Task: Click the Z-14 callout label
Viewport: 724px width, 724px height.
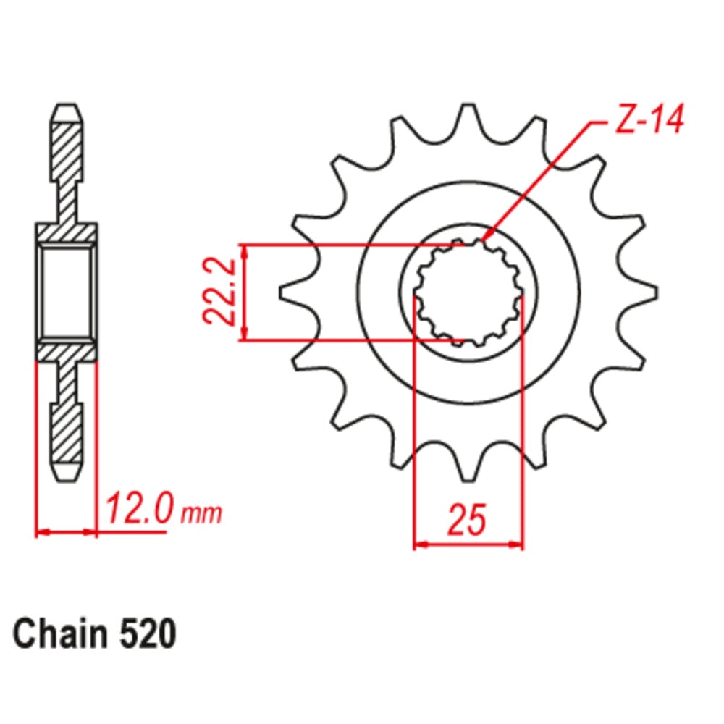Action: pos(647,121)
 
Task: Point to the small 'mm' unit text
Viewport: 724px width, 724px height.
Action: pos(201,515)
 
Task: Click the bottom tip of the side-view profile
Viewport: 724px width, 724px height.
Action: pos(66,474)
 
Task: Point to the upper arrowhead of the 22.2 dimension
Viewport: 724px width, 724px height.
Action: pos(245,251)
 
